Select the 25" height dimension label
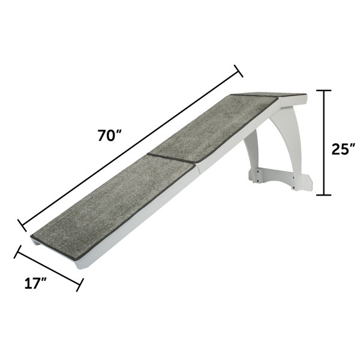coord(343,148)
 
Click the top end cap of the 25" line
coord(324,91)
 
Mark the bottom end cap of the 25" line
coord(324,194)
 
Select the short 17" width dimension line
coord(48,268)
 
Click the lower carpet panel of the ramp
coord(111,204)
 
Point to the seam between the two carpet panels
coord(171,161)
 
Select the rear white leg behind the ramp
coord(252,159)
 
